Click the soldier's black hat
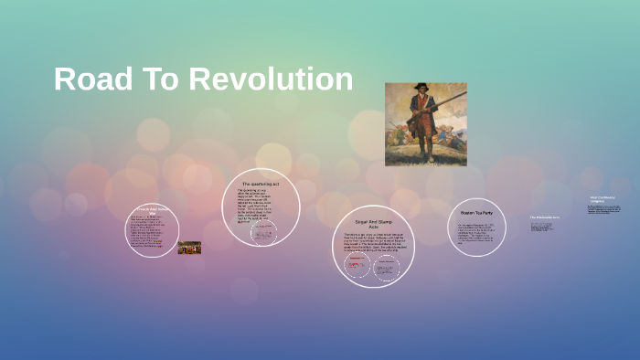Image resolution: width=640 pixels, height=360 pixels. [x=421, y=89]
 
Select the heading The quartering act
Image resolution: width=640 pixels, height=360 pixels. [x=261, y=185]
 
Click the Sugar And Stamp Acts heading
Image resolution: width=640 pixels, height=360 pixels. [x=373, y=224]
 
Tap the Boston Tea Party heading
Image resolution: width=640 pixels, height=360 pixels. [x=476, y=213]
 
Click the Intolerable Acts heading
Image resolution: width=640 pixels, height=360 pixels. [x=546, y=217]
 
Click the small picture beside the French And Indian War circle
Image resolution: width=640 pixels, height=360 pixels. [x=189, y=248]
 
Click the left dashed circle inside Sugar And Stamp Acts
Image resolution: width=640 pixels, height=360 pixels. [x=357, y=266]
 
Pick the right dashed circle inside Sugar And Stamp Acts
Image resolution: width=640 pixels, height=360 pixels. [x=388, y=266]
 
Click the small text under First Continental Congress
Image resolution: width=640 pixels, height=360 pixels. [x=603, y=211]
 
